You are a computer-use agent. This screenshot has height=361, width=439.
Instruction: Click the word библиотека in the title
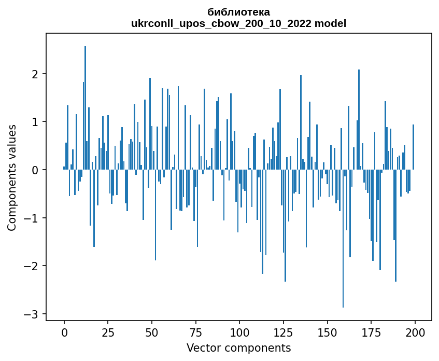point(238,12)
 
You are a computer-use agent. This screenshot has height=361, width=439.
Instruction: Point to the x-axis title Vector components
point(238,348)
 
